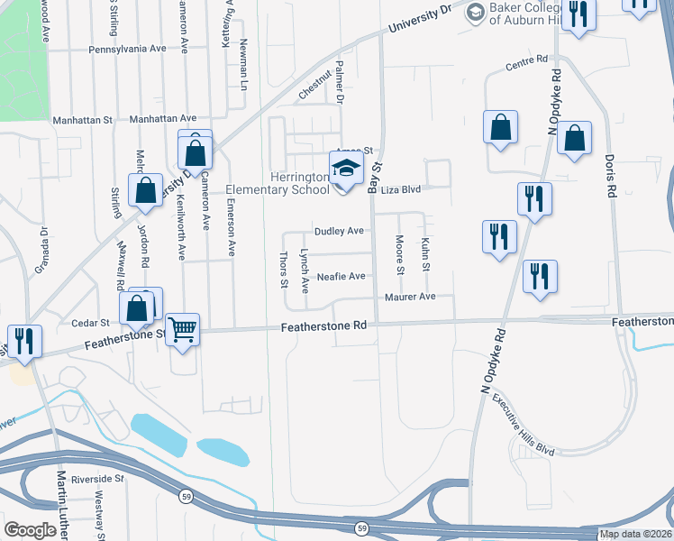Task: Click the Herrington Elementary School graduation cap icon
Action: point(346,168)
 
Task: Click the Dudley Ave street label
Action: point(339,231)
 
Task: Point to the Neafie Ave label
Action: point(341,276)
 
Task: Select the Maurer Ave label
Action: point(410,297)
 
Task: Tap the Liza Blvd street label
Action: point(402,189)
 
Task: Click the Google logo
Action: point(31,530)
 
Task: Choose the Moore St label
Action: point(399,254)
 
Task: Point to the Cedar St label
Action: point(90,322)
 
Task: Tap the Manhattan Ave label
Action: point(163,118)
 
